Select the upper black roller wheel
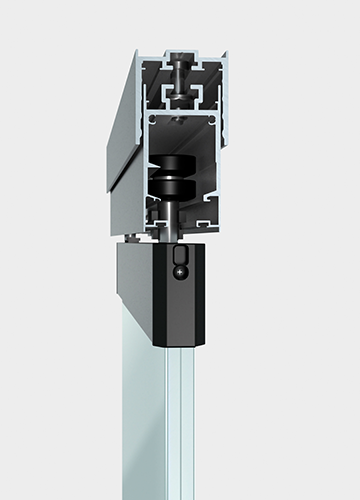[x=176, y=166]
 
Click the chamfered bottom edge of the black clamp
[x=178, y=338]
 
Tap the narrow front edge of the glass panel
[x=181, y=420]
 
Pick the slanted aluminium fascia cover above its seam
[x=125, y=110]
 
